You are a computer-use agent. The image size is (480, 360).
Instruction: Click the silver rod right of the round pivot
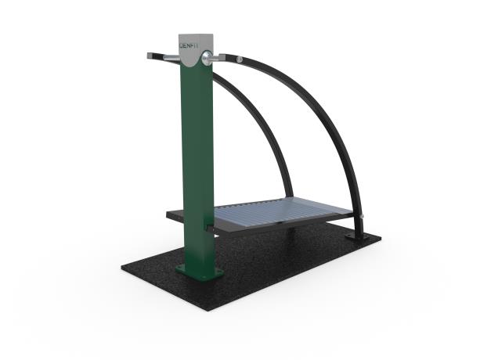[224, 57]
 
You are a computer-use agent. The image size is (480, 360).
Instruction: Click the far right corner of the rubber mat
[379, 236]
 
